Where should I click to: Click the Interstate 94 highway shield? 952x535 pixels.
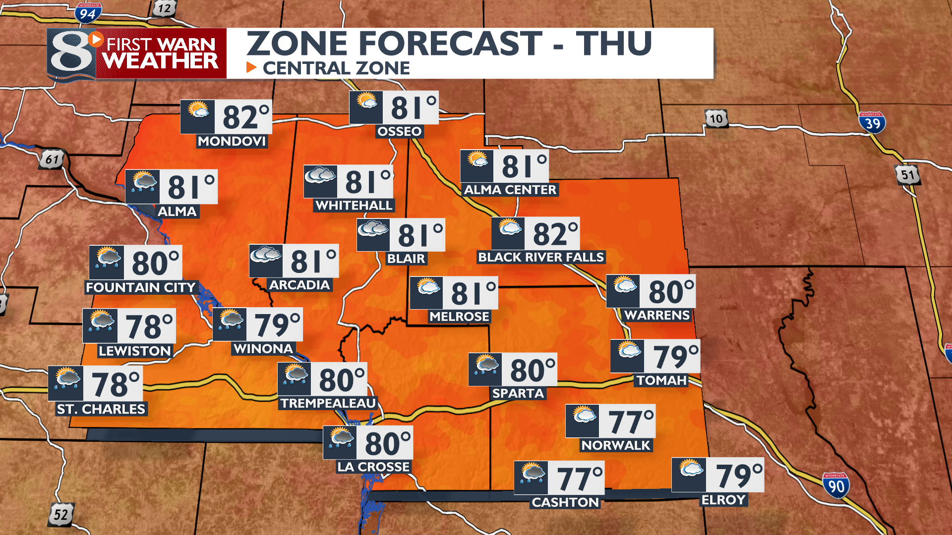pyautogui.click(x=88, y=13)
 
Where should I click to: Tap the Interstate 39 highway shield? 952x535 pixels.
pyautogui.click(x=872, y=122)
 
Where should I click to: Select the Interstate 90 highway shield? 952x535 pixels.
pyautogui.click(x=835, y=485)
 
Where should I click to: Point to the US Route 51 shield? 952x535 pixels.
pyautogui.click(x=907, y=175)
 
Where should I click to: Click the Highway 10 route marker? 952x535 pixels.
pyautogui.click(x=716, y=119)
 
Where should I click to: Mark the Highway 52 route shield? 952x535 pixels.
pyautogui.click(x=61, y=514)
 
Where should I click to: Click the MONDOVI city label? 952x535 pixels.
pyautogui.click(x=232, y=142)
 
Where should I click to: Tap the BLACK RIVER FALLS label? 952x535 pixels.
pyautogui.click(x=541, y=257)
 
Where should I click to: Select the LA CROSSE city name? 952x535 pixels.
pyautogui.click(x=373, y=467)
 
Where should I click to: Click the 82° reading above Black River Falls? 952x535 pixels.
pyautogui.click(x=555, y=234)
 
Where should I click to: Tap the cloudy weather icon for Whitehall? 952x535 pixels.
pyautogui.click(x=320, y=176)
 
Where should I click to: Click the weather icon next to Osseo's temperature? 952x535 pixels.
pyautogui.click(x=366, y=102)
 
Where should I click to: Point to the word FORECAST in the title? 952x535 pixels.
pyautogui.click(x=450, y=44)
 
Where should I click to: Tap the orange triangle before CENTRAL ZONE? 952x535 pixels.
pyautogui.click(x=251, y=67)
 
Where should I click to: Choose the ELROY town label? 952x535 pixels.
pyautogui.click(x=723, y=500)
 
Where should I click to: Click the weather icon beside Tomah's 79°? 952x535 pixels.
pyautogui.click(x=628, y=351)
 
